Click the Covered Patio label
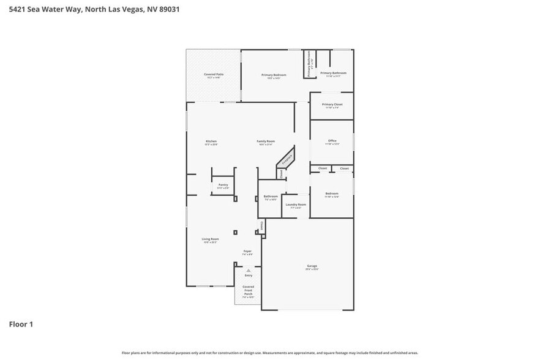tap(214, 75)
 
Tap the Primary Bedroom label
tap(274, 75)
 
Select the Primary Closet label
tap(332, 105)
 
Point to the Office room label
tap(332, 141)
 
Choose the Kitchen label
tap(211, 141)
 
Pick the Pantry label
tap(223, 185)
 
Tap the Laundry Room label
tap(295, 204)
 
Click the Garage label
tap(312, 267)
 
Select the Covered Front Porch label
tap(248, 290)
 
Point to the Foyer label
tap(247, 251)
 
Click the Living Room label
tap(210, 239)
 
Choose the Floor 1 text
tap(20, 324)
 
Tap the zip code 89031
tap(168, 10)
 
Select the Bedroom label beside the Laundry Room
tap(331, 193)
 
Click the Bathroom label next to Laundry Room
tap(270, 197)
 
